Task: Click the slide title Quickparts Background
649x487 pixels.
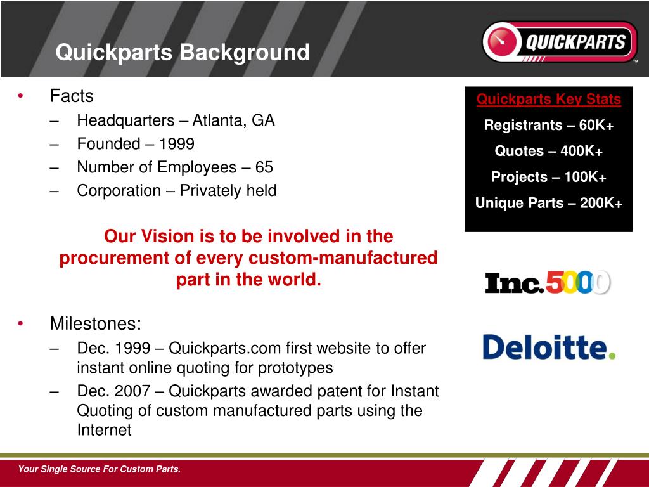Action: point(183,52)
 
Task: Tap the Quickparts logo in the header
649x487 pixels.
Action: point(560,42)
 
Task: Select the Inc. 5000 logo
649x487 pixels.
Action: point(548,282)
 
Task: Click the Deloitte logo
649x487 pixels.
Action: point(549,347)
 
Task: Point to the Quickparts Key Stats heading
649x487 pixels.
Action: point(549,100)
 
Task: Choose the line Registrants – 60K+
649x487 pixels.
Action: point(549,126)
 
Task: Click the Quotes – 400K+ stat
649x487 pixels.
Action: point(549,152)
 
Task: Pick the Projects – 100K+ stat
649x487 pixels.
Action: point(549,178)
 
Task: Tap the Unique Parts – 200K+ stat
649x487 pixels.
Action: point(549,204)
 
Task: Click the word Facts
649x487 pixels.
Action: point(72,96)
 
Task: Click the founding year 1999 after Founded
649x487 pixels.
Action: point(176,144)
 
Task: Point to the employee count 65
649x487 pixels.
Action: point(264,167)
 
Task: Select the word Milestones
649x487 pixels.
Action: point(96,324)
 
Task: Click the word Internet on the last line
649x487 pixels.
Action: point(104,430)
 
